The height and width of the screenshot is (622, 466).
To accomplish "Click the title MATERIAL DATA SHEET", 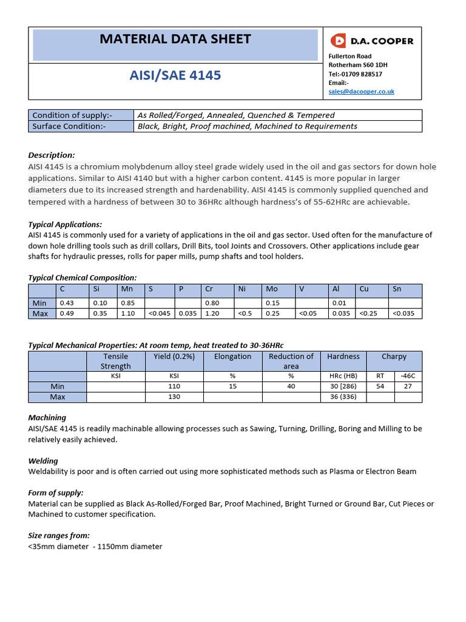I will pos(175,39).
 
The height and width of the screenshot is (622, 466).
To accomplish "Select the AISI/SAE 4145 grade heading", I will pos(175,75).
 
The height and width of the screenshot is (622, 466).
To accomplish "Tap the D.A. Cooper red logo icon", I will pos(337,41).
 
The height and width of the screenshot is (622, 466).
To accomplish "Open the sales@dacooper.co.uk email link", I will pos(361,91).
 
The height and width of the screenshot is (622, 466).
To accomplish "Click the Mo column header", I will pos(272,289).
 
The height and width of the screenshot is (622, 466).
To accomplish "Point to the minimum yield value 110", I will pos(174,386).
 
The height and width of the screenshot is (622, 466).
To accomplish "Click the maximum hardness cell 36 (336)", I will pos(343,397).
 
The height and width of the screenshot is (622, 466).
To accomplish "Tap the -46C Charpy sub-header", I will pos(408,375).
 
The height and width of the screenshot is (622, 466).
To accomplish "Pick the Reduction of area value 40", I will pos(291,386).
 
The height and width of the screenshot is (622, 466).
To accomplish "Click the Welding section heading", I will pos(43,461).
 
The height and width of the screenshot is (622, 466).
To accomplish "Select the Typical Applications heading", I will pos(65,224).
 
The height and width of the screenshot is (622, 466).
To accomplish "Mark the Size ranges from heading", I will pos(59,535).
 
